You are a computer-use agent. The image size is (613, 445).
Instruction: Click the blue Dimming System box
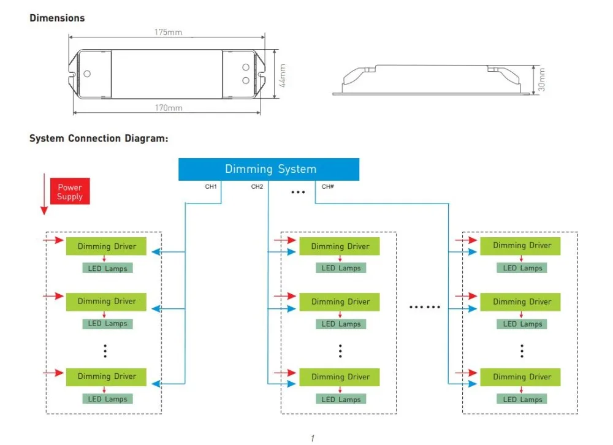(268, 169)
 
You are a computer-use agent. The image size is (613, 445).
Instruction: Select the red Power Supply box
(70, 191)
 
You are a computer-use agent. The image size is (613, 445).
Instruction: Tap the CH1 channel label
(211, 186)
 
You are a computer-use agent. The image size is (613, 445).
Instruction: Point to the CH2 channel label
(257, 186)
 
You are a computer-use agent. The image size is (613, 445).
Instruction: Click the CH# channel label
(327, 186)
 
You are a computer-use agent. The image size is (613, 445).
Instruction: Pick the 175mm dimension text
(168, 32)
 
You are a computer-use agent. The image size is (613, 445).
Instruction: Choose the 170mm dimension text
(169, 107)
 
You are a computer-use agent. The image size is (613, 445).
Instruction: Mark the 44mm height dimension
(283, 75)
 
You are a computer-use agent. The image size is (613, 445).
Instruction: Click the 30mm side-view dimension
(541, 80)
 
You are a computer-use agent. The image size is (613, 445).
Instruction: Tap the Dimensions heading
(57, 18)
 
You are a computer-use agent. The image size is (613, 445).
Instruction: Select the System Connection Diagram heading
(99, 139)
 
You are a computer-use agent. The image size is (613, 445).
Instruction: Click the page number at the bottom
(313, 438)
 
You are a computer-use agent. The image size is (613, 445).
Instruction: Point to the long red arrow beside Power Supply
(44, 194)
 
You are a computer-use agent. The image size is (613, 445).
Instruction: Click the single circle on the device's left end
(87, 74)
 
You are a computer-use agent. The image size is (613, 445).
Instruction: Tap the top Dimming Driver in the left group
(106, 246)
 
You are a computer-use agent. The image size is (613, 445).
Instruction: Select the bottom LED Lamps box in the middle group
(341, 399)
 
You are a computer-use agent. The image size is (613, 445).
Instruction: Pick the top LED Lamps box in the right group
(522, 268)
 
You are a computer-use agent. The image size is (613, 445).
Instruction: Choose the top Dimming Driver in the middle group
(340, 246)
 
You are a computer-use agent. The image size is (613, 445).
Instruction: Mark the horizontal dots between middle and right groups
(425, 307)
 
